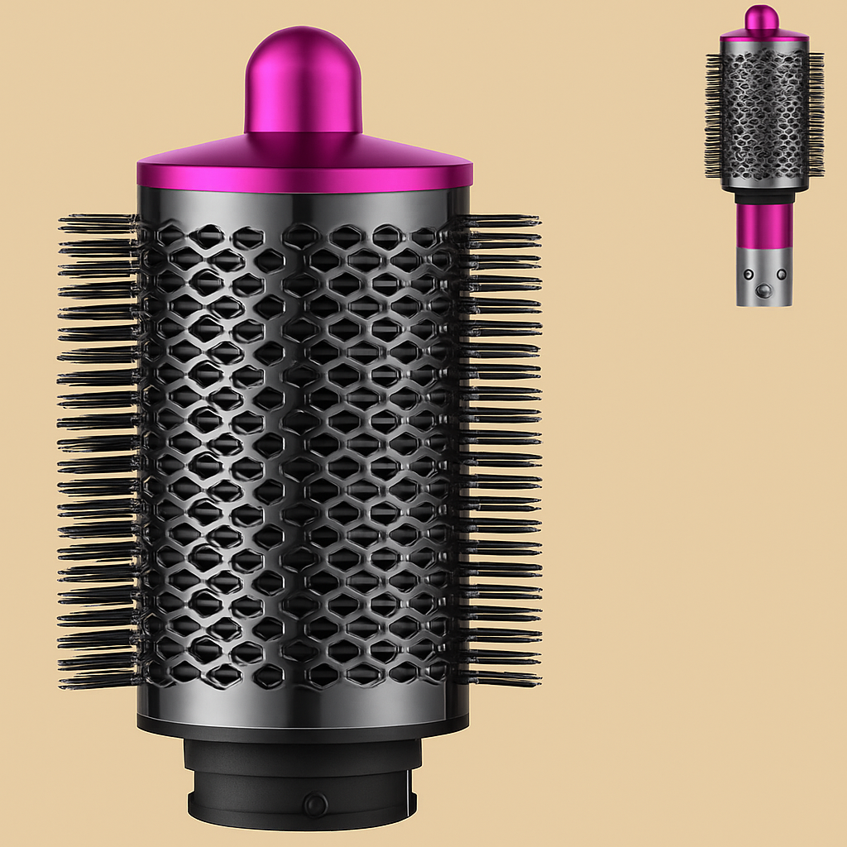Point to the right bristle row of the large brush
500,447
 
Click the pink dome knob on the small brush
763,17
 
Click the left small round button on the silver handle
749,275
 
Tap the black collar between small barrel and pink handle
763,197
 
